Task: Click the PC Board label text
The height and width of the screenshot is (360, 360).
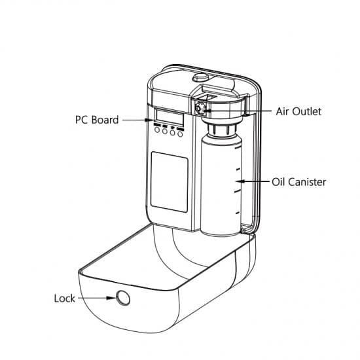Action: click(97, 120)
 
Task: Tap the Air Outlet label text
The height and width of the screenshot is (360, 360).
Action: click(298, 111)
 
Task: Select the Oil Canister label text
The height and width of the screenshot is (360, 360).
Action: click(299, 182)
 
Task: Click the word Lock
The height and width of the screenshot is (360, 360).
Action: click(65, 298)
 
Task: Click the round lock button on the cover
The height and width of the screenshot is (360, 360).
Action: click(123, 298)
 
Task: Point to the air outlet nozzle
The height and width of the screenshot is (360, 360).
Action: click(199, 108)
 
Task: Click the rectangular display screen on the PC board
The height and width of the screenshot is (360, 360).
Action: click(170, 117)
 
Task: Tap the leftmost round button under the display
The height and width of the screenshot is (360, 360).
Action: click(157, 130)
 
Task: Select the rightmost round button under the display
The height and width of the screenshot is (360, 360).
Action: click(180, 134)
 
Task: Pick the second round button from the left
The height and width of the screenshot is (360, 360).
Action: click(164, 132)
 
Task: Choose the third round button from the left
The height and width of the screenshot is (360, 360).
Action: click(172, 132)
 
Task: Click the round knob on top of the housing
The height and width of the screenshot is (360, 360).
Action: click(200, 77)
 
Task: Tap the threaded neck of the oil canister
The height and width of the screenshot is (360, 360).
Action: click(221, 130)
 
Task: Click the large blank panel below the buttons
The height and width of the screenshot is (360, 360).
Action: click(170, 182)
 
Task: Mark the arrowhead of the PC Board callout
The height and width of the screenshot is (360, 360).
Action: click(149, 120)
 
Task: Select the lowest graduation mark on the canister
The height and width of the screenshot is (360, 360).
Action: click(238, 213)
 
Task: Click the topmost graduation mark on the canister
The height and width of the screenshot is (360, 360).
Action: click(238, 147)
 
